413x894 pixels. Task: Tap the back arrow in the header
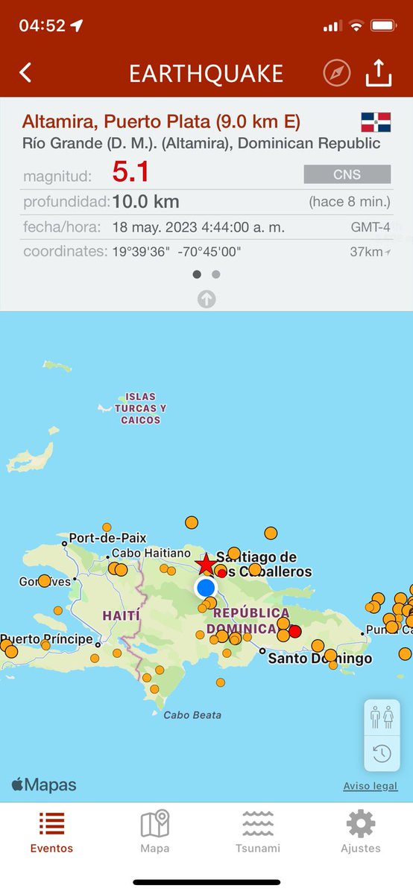coord(26,73)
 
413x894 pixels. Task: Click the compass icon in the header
coord(337,73)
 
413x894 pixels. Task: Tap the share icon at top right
coord(379,73)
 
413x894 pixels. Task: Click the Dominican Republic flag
coord(376,122)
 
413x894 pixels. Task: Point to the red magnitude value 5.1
coord(131,174)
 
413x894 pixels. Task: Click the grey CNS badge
coord(347,174)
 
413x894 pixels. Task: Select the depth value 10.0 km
coord(145,202)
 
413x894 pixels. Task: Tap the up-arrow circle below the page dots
coord(206,299)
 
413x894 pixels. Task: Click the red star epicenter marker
coord(206,564)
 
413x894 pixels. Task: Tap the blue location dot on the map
coord(206,588)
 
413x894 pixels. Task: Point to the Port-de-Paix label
coord(107,538)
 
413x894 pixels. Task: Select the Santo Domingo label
coord(319,659)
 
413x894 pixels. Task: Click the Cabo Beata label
coord(192,715)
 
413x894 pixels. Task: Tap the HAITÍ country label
coord(119,616)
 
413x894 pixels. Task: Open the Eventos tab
coord(51,831)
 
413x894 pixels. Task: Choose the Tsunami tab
coord(258,831)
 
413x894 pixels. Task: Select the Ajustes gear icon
coord(361,825)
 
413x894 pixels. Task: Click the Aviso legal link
coord(371,786)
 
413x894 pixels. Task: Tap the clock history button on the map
coord(382,753)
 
